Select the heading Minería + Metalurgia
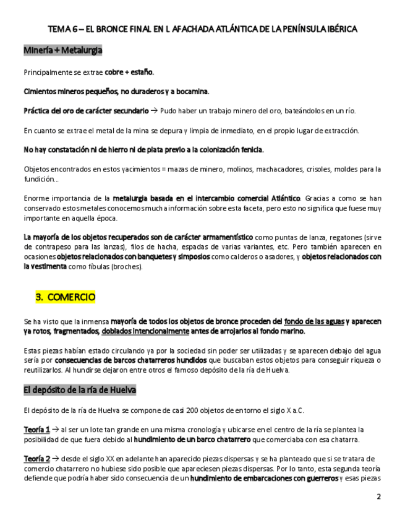pos(62,50)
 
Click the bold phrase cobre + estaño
pos(129,72)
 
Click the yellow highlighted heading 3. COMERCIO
pos(66,297)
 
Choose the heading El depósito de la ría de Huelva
pos(80,391)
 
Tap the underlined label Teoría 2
pos(36,459)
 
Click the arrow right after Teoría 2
pos(56,459)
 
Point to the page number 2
pos(379,497)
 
